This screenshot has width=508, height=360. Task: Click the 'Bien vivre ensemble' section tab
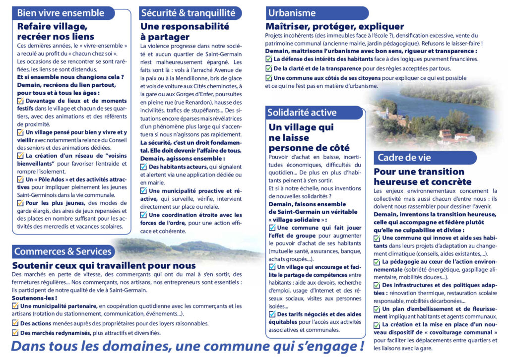click(x=61, y=13)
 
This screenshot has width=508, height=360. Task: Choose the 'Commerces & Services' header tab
click(x=63, y=251)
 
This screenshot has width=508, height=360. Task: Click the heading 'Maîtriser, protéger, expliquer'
click(x=334, y=26)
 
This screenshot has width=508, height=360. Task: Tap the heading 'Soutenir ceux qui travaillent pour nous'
click(x=104, y=266)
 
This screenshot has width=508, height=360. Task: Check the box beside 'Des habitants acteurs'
click(x=144, y=167)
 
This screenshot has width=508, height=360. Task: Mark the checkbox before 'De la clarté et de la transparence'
click(x=269, y=68)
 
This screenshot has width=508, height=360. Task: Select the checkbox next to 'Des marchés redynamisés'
click(x=15, y=333)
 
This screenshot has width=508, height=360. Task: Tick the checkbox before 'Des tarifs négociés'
click(x=272, y=314)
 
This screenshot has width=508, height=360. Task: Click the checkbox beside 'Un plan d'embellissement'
click(x=377, y=308)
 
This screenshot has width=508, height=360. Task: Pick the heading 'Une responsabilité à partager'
click(x=185, y=31)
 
